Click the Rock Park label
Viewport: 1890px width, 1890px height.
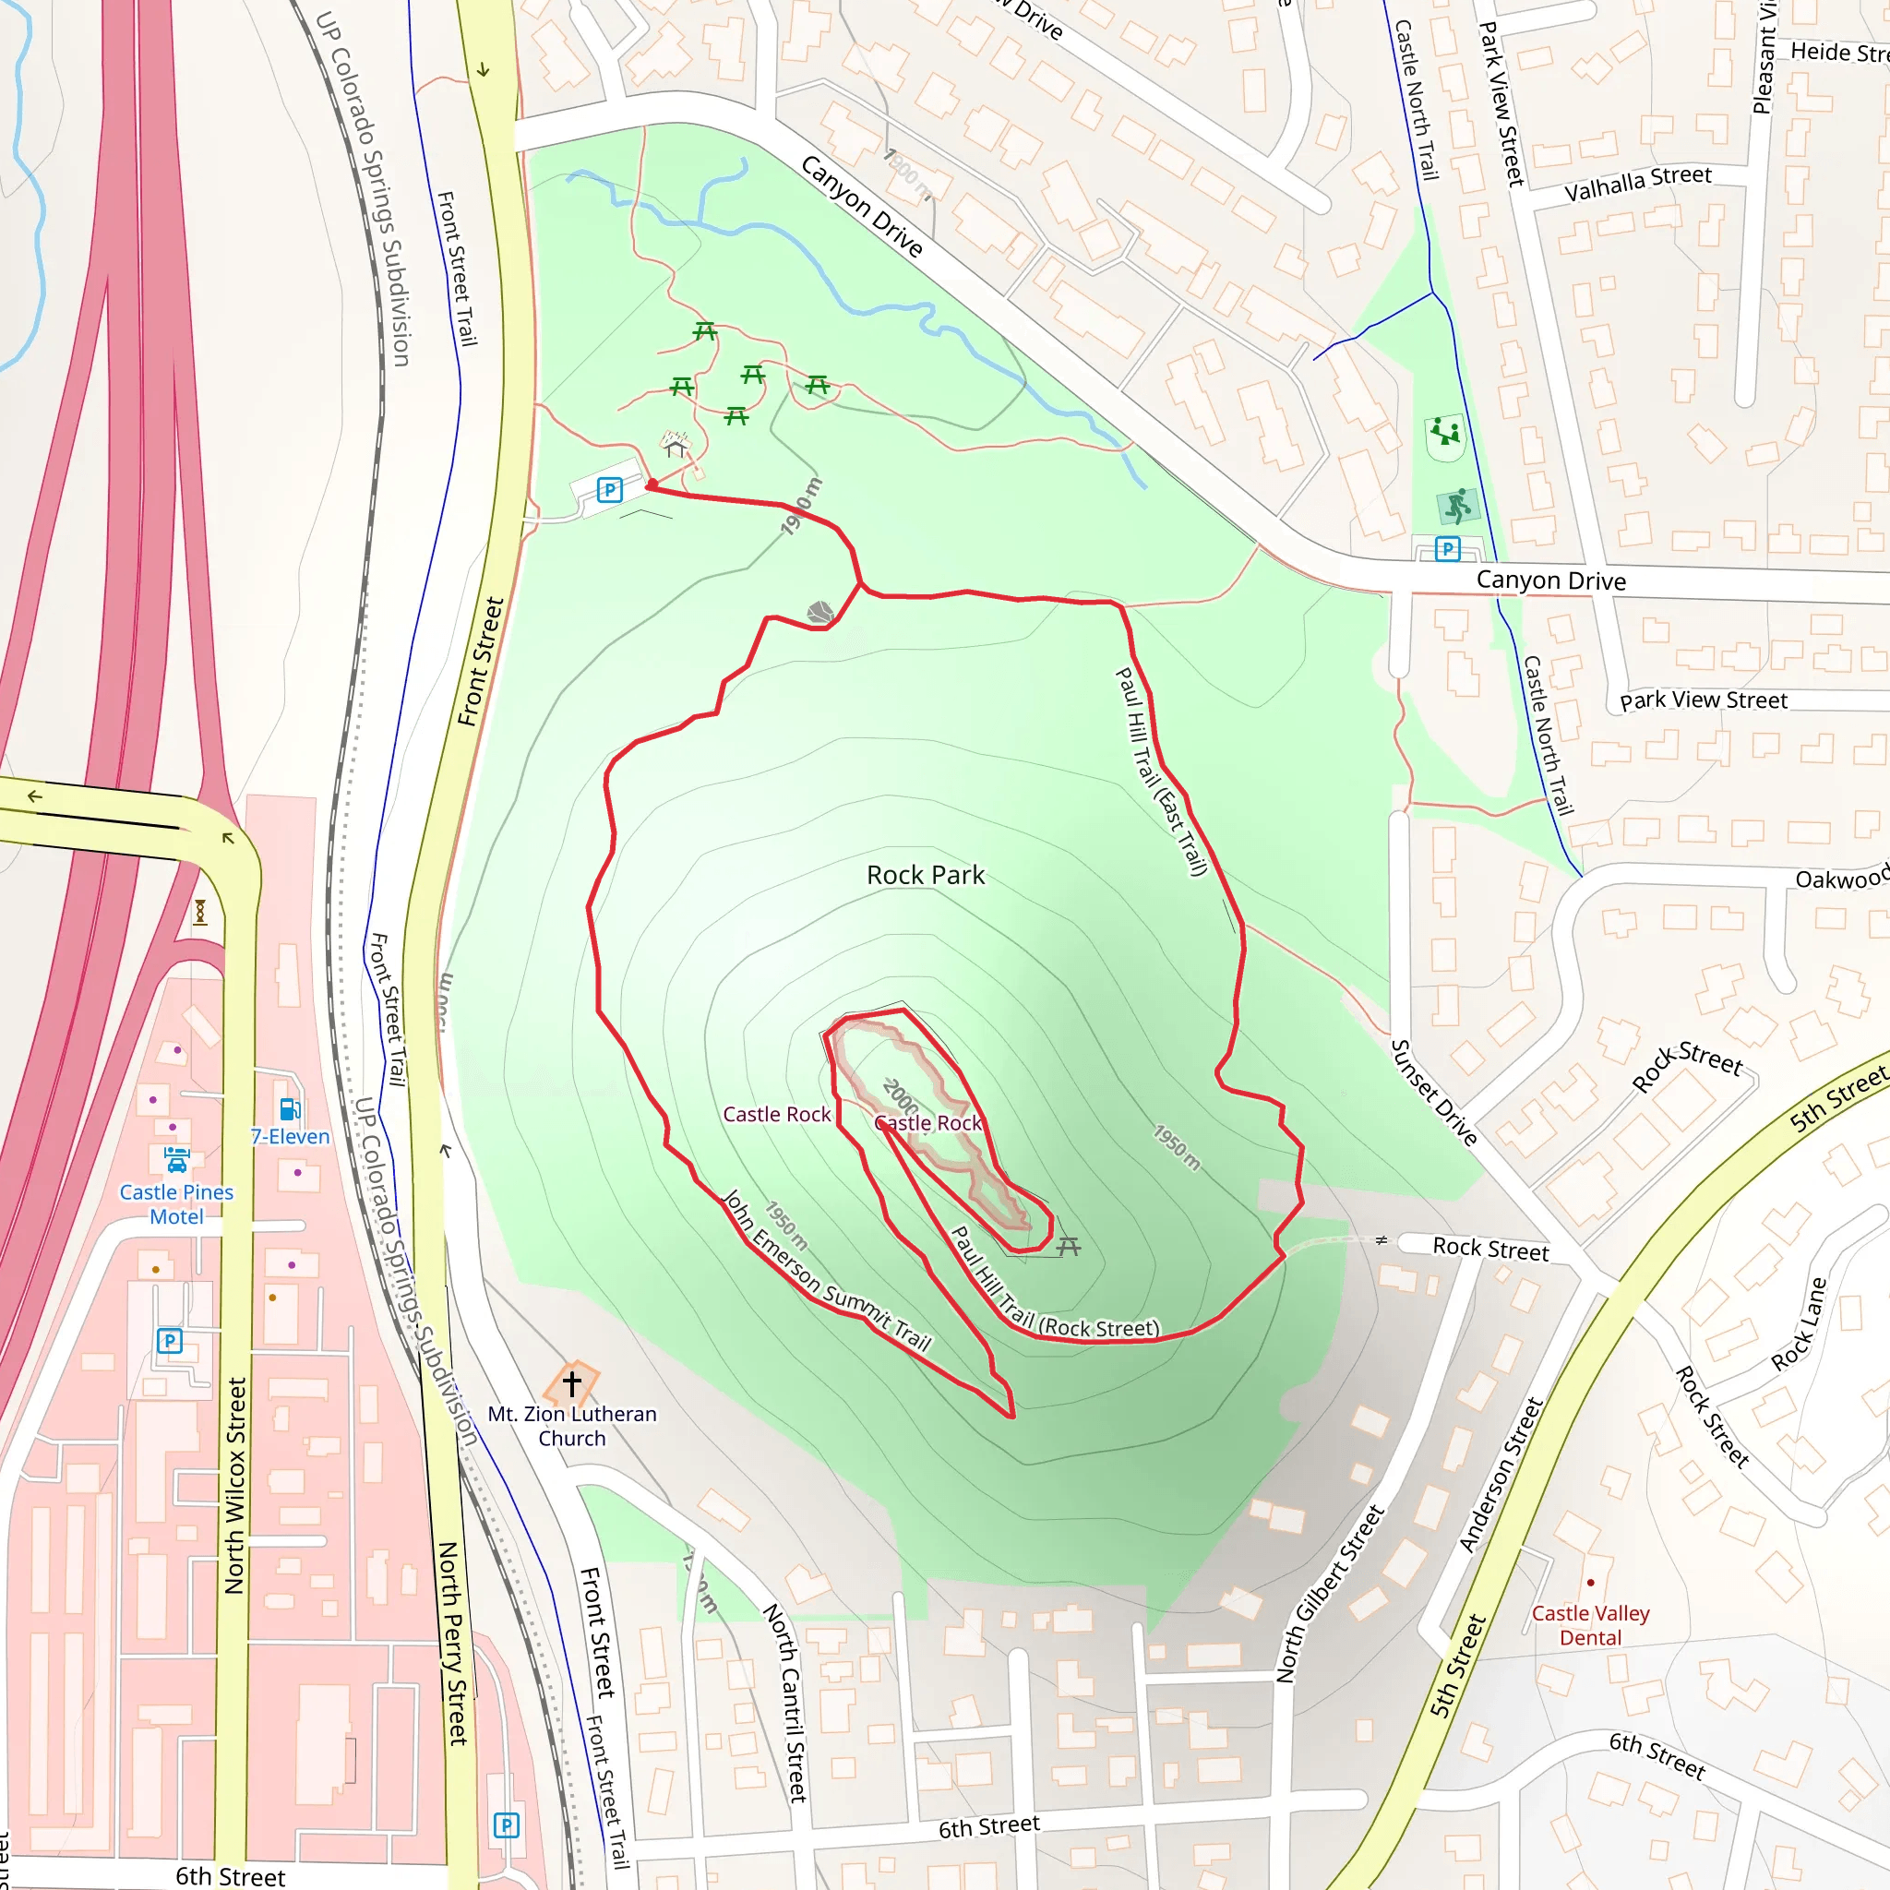[926, 876]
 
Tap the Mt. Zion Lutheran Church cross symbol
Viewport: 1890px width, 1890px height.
[572, 1383]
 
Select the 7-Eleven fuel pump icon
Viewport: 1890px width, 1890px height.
[291, 1109]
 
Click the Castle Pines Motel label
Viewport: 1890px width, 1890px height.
[177, 1204]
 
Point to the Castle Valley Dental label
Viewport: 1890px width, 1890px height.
[1590, 1625]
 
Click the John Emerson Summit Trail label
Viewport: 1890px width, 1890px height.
[827, 1271]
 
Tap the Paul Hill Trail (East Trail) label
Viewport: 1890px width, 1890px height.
[1162, 772]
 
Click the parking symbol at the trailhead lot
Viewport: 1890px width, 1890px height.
[609, 490]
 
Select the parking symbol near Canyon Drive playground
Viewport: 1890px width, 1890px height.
[1447, 549]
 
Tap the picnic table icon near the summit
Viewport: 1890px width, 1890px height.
[1069, 1246]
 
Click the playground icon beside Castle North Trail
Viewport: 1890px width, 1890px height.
[1445, 431]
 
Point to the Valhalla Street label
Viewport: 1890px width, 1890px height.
[1638, 183]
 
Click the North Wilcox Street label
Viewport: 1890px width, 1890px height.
[234, 1486]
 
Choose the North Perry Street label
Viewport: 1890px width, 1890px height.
[453, 1644]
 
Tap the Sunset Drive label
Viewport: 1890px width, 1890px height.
[1434, 1092]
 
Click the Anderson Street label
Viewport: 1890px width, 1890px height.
[1501, 1474]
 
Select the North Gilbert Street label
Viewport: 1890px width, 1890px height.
[1331, 1594]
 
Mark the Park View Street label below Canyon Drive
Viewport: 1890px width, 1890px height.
[1704, 700]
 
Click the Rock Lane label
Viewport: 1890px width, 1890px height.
[1798, 1323]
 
